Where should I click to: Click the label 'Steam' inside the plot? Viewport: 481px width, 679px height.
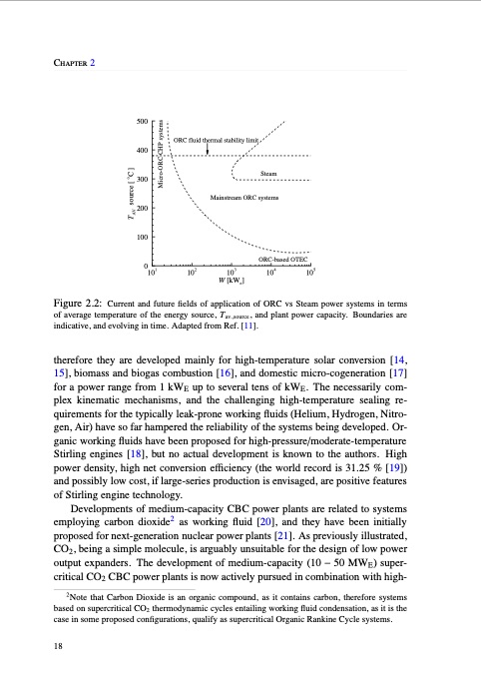(x=296, y=175)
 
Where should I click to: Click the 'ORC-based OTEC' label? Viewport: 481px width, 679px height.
(x=281, y=259)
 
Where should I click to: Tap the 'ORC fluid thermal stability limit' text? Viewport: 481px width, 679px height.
(x=217, y=140)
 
